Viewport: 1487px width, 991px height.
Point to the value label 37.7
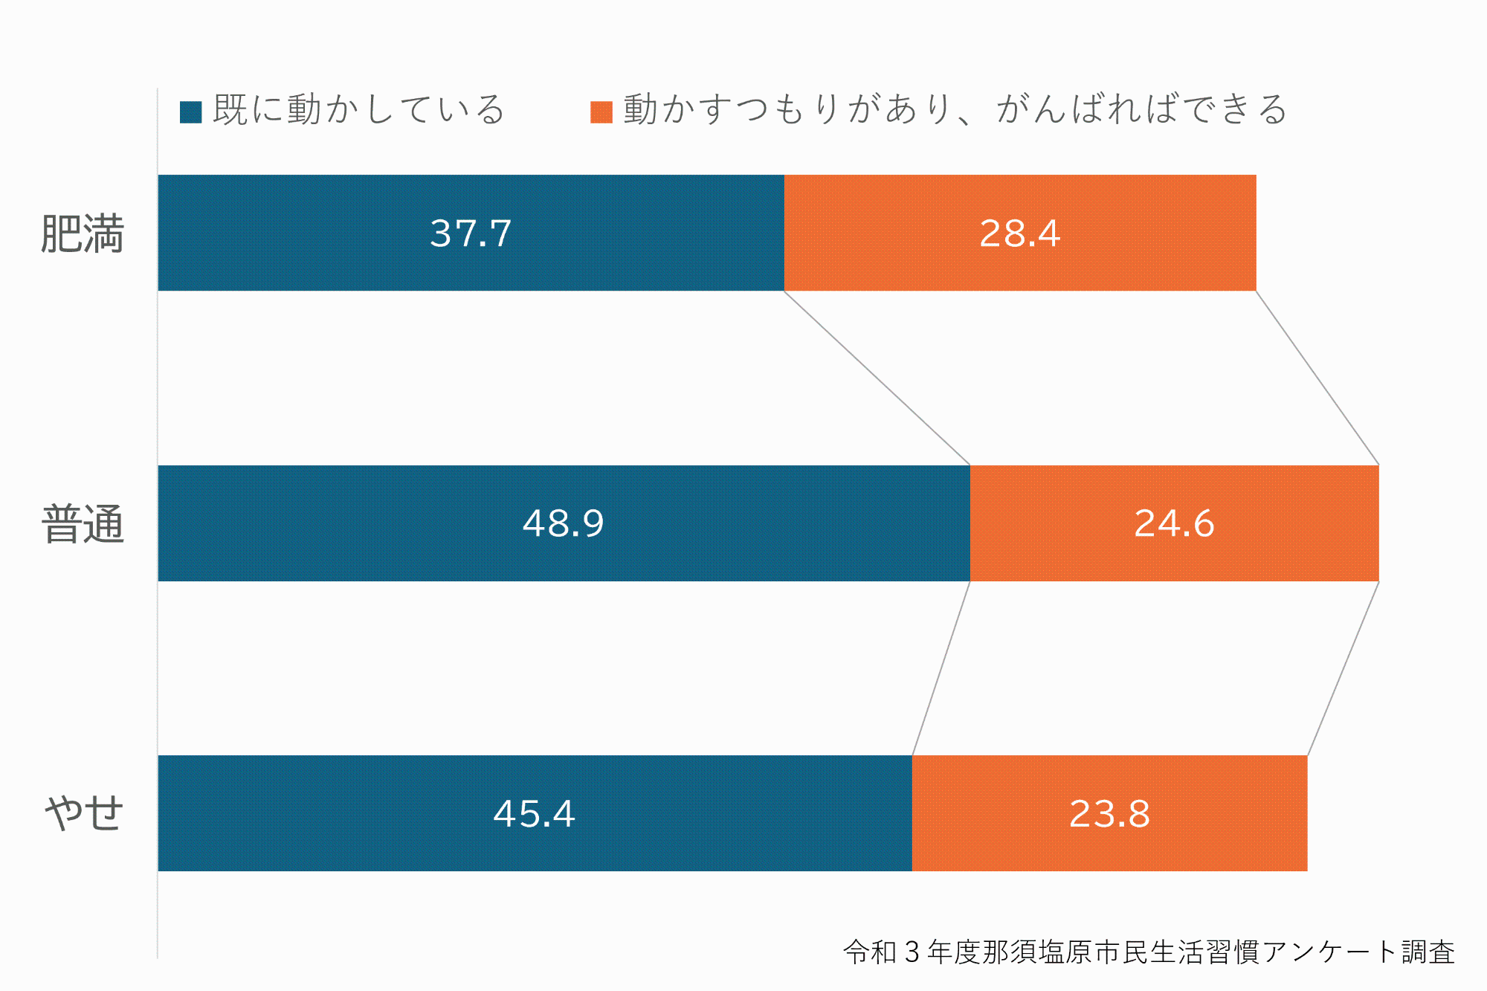tap(471, 233)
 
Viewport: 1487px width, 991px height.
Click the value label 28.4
tap(1019, 233)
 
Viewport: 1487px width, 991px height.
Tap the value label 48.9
tap(563, 523)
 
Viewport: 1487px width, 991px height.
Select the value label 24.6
tap(1174, 523)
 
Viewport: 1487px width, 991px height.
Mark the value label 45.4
tap(534, 814)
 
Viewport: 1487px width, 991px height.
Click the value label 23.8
tap(1109, 814)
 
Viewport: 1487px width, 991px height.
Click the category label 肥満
tap(82, 234)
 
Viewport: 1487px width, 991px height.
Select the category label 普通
tap(83, 524)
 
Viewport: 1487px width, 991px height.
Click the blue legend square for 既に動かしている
tap(191, 112)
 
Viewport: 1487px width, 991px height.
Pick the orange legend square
tap(601, 112)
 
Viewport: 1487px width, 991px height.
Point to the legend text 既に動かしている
tap(358, 110)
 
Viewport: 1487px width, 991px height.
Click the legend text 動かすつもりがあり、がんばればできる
tap(955, 110)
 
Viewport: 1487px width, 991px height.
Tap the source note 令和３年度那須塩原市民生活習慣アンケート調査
tap(1149, 952)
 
